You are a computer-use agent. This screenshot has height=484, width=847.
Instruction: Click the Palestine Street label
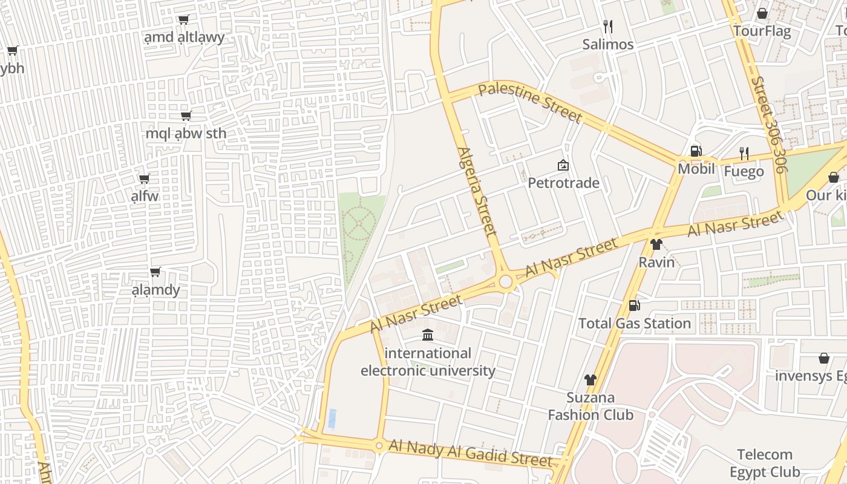pos(529,103)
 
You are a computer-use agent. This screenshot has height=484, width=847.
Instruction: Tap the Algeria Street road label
pos(477,191)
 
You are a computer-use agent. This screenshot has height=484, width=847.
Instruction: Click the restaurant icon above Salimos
pos(608,27)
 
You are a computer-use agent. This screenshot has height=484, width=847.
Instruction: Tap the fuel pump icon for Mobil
pos(696,151)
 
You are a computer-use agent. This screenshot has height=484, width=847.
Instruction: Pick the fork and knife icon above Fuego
pos(744,154)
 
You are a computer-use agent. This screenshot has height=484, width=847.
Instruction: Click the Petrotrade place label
pos(563,183)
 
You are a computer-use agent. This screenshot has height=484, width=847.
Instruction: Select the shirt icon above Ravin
pos(656,244)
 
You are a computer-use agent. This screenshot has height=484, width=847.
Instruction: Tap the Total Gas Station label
pos(635,323)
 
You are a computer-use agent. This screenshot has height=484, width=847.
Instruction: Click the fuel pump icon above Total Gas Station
pos(634,306)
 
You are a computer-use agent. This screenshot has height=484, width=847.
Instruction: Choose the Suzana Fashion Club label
pos(590,406)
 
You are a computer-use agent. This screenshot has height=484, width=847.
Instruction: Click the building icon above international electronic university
pos(428,335)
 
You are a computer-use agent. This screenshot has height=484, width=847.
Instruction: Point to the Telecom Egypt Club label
pos(765,463)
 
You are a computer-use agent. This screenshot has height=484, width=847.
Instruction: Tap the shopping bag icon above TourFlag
pos(762,13)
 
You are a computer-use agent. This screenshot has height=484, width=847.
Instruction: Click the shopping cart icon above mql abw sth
pos(186,116)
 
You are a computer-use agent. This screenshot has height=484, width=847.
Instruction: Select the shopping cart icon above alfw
pos(144,178)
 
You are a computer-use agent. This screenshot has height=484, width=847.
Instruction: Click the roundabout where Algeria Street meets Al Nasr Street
pos(506,282)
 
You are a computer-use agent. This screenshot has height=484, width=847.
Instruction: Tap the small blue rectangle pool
pos(332,417)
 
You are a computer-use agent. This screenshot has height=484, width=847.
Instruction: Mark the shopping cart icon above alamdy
pos(155,272)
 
